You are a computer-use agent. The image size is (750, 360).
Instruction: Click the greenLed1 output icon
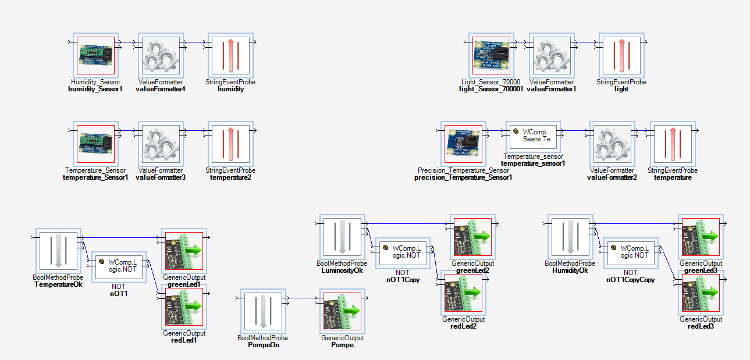(x=184, y=250)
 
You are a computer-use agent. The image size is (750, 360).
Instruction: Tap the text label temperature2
(x=230, y=177)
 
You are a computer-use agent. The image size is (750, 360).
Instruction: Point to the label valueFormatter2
(x=612, y=177)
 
